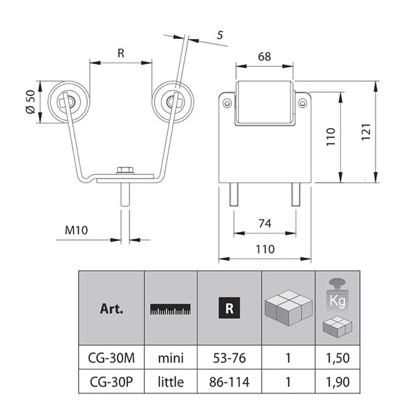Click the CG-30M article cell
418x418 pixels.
pos(111,358)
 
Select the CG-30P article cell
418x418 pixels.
pos(111,382)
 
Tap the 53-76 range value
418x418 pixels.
pos(229,358)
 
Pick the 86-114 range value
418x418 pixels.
pos(229,382)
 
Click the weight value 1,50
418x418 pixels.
pos(337,358)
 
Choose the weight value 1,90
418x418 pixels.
pos(337,382)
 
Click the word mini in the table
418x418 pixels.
pos(171,358)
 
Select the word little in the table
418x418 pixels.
pos(171,382)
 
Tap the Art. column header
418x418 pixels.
pos(111,309)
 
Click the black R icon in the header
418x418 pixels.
pos(229,308)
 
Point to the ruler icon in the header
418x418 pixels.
pos(171,309)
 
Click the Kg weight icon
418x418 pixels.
pos(337,295)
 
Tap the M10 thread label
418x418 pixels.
pos(76,230)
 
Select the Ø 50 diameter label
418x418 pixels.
pos(31,102)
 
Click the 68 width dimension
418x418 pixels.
pos(264,56)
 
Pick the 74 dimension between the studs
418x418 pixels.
pos(265,224)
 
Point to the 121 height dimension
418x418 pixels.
pos(366,132)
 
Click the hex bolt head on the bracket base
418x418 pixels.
pos(125,170)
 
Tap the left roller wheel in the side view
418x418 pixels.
pos(69,102)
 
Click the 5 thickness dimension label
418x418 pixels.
pos(219,36)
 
